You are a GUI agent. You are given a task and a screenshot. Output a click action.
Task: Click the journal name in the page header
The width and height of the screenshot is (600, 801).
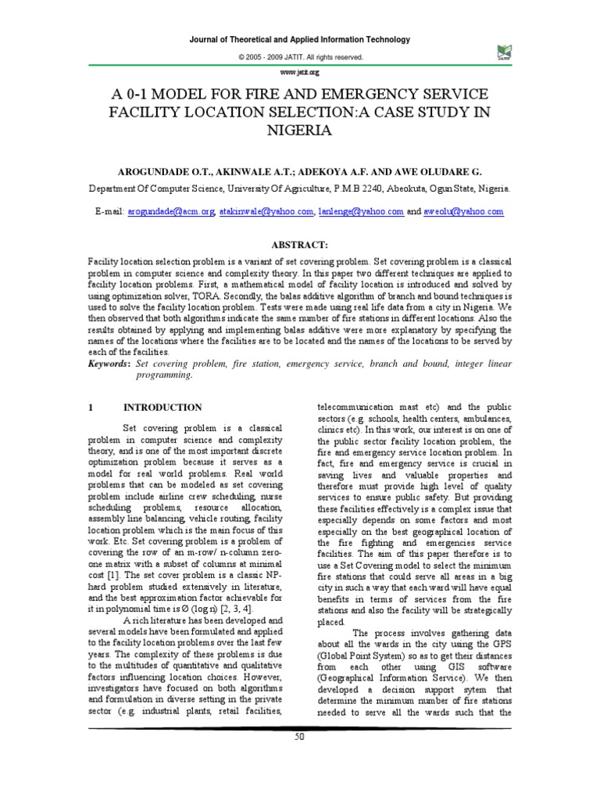point(300,39)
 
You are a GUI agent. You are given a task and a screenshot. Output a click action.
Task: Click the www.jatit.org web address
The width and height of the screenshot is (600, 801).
point(300,71)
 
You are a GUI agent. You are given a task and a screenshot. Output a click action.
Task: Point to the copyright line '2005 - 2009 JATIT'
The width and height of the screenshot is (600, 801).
point(300,57)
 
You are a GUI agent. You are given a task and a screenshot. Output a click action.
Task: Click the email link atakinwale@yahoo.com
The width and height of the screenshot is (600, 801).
point(266,212)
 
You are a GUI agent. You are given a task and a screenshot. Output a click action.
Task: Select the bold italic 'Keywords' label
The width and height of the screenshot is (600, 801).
point(109,365)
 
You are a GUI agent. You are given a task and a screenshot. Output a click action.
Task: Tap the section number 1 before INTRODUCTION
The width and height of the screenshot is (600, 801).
point(91,408)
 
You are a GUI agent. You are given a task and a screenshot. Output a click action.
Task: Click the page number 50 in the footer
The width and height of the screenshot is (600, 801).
point(299,738)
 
